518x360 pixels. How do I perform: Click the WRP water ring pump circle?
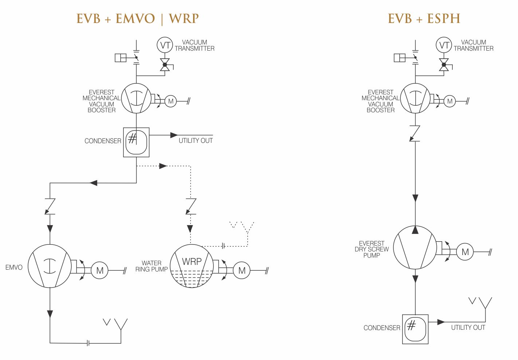point(192,266)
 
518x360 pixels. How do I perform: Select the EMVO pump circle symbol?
point(50,266)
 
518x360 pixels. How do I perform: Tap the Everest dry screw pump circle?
point(415,248)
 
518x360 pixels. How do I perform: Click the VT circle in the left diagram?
point(165,45)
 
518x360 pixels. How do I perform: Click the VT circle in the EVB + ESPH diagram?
point(444,45)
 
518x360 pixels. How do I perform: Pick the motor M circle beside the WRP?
point(242,270)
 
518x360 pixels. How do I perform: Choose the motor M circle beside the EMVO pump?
point(99,270)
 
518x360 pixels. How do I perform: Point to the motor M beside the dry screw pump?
point(465,251)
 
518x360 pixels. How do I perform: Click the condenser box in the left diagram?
point(136,142)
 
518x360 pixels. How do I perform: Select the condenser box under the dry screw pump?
point(415,329)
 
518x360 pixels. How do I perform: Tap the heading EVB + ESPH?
point(424,19)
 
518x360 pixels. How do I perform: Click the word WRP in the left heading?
point(184,19)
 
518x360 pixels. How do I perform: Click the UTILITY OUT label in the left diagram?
point(196,141)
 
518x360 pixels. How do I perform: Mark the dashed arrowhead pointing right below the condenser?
point(163,166)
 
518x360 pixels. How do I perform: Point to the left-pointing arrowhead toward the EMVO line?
point(94,183)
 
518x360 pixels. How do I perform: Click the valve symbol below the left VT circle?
point(165,65)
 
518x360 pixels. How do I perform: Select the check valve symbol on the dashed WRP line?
point(191,206)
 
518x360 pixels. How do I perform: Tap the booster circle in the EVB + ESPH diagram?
point(415,98)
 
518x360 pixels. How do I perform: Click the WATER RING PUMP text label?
point(152,266)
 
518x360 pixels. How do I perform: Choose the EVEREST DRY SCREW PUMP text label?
point(372,249)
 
